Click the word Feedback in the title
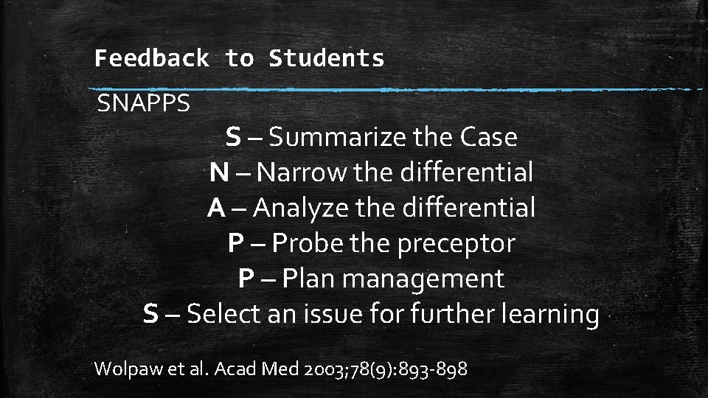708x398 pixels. point(151,58)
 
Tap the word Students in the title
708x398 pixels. point(327,58)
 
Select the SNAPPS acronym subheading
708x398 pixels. point(144,104)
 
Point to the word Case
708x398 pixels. point(488,137)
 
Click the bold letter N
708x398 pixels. point(218,173)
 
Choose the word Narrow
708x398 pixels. point(302,173)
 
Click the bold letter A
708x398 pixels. point(216,209)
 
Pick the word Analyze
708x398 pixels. point(299,209)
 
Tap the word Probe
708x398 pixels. point(310,243)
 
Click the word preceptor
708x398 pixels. point(457,243)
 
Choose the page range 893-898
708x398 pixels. point(432,369)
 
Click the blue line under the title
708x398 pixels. point(398,90)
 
